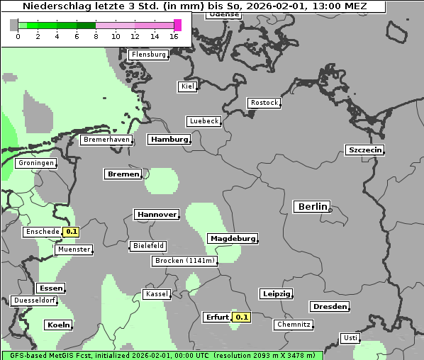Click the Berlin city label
coord(312,207)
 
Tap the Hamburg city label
coord(169,140)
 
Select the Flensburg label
coord(148,55)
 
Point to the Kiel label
coord(187,86)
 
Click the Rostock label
coord(264,103)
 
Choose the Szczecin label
coord(364,150)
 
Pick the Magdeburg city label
coord(233,239)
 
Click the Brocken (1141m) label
coord(184,261)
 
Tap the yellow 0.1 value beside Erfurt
coord(242,317)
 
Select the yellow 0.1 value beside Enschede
coord(71,232)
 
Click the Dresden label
coord(329,307)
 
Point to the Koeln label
coord(58,325)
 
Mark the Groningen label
coord(36,163)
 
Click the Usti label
coord(350,338)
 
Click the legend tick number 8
coord(96,36)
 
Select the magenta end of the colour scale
coord(177,25)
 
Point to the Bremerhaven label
coord(106,140)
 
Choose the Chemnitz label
coord(294,325)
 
